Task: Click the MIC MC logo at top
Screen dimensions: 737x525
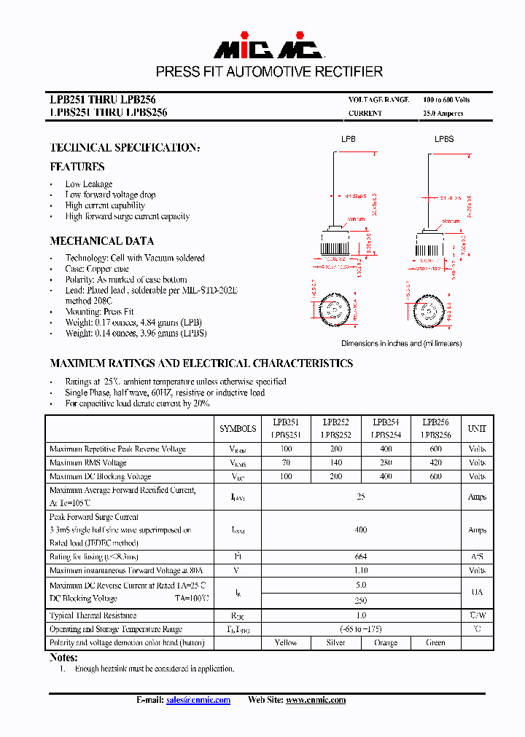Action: (268, 47)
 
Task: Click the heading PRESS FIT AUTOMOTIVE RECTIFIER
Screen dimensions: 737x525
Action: (269, 71)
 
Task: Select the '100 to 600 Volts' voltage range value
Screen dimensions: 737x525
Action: (446, 100)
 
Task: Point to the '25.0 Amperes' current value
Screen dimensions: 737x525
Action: (443, 114)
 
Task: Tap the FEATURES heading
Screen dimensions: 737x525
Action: (77, 167)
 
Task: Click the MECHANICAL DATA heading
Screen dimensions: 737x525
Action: (101, 241)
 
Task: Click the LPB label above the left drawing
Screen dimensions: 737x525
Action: (349, 139)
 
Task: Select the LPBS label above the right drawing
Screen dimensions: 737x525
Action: (444, 139)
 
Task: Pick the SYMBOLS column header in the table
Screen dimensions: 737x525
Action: (238, 429)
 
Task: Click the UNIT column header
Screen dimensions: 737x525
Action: (477, 429)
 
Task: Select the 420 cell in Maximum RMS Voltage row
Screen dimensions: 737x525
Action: (435, 462)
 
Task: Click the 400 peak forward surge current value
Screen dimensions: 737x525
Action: (360, 530)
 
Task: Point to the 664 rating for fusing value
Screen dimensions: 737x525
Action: (360, 557)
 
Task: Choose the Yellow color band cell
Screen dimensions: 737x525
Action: (286, 642)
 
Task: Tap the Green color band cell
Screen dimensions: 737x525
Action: (435, 642)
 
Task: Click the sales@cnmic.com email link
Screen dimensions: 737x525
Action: (198, 700)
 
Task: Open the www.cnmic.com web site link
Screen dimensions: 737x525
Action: (315, 700)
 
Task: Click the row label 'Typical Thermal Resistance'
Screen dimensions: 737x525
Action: (93, 615)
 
